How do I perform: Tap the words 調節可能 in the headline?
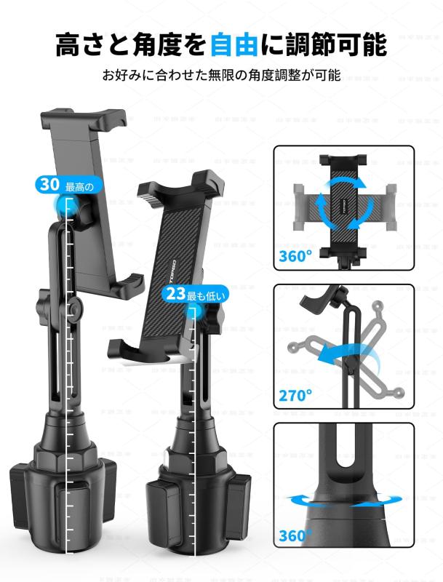pos(335,44)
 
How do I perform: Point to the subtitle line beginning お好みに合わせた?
pos(221,75)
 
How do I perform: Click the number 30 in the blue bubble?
pos(49,185)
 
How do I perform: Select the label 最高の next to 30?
pos(80,186)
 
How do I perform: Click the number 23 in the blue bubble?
pos(175,295)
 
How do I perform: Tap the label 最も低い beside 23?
pos(207,295)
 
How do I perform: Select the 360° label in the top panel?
pos(295,256)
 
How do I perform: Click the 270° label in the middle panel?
pos(295,396)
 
